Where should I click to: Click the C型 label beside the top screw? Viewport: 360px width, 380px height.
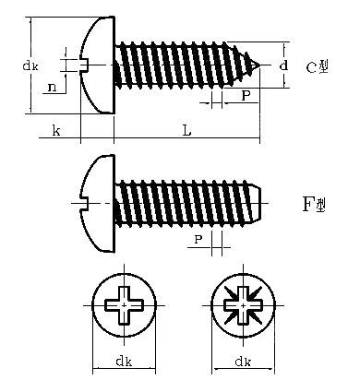click(317, 66)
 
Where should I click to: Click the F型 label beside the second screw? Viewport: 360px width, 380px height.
click(314, 205)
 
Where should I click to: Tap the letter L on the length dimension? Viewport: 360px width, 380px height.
click(186, 130)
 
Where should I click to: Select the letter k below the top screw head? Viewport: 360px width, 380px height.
click(56, 130)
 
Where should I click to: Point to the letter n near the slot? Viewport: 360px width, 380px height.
click(53, 88)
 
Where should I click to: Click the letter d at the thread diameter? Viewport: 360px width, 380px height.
click(283, 65)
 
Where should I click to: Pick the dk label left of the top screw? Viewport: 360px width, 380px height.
click(30, 65)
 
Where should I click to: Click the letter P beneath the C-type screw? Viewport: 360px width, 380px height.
click(246, 96)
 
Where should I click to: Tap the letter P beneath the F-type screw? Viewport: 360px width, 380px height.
click(198, 239)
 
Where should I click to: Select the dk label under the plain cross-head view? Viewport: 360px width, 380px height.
click(124, 361)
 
